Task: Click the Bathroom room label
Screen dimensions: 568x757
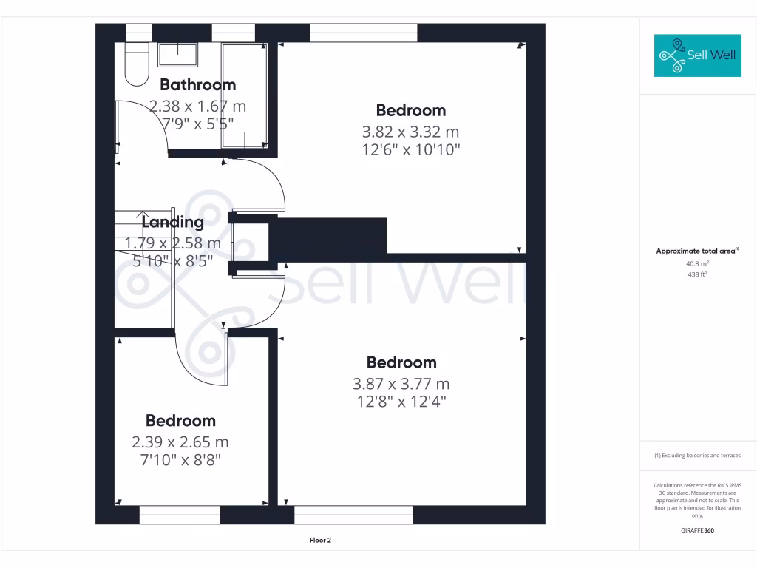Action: click(197, 84)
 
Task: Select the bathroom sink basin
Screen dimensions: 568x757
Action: click(177, 55)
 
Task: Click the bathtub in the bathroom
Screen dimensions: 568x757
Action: click(245, 95)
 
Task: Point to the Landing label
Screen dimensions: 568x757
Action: click(172, 222)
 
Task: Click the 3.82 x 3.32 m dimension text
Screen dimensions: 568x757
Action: click(410, 132)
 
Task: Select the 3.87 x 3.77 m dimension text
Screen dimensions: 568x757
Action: click(401, 384)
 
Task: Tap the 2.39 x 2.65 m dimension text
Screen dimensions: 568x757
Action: click(180, 442)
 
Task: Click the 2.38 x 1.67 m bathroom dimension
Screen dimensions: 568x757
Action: click(197, 106)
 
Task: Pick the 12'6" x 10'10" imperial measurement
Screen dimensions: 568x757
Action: click(410, 150)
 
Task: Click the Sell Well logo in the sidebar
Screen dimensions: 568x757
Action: click(697, 55)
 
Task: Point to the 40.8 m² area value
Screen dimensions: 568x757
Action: click(697, 263)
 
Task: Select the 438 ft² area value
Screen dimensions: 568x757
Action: click(697, 274)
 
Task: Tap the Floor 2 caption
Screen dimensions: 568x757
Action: click(320, 541)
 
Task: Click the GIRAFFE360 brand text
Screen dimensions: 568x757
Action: click(697, 530)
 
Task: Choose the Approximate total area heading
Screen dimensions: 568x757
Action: click(697, 251)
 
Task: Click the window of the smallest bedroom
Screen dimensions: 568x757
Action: click(180, 515)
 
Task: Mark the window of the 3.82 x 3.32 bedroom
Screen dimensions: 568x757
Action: click(363, 33)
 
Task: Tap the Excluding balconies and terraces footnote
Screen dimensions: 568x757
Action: click(697, 456)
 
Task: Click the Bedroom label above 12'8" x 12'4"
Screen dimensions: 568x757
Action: click(401, 362)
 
